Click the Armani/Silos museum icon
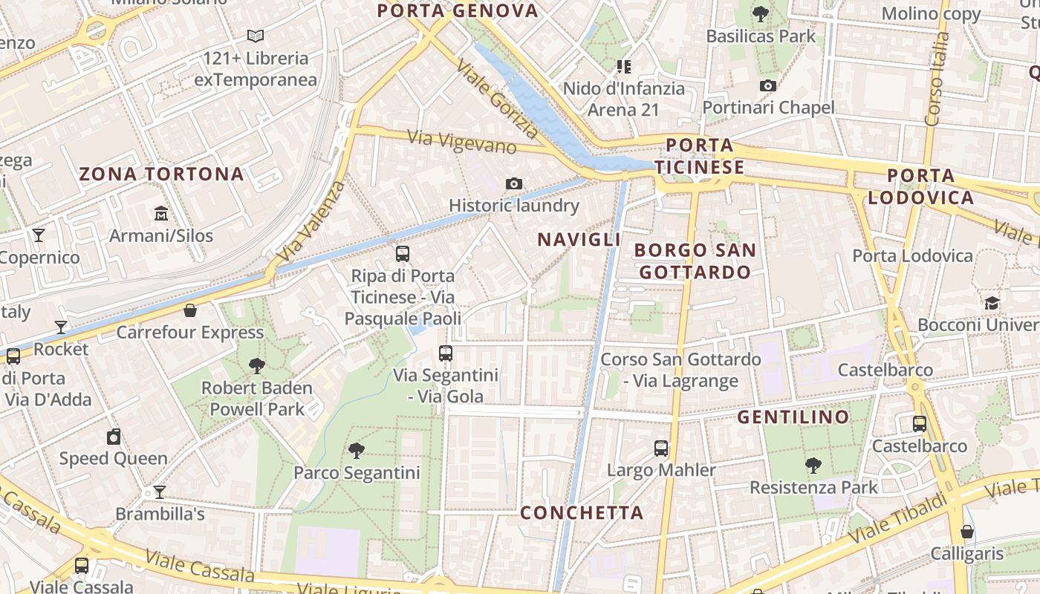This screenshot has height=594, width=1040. pyautogui.click(x=161, y=214)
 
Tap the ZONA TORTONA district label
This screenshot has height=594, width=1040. pyautogui.click(x=161, y=174)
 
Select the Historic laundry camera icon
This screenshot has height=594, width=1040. pyautogui.click(x=513, y=183)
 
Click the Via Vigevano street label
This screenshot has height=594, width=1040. pyautogui.click(x=462, y=141)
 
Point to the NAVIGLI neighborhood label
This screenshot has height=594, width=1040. pyautogui.click(x=579, y=240)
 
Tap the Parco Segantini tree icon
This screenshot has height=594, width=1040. pyautogui.click(x=357, y=450)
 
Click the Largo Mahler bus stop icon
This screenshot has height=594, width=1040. pyautogui.click(x=661, y=448)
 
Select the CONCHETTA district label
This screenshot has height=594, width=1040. pyautogui.click(x=582, y=513)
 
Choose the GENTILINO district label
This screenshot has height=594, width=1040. pyautogui.click(x=793, y=417)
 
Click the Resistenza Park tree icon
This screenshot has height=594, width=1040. pyautogui.click(x=813, y=466)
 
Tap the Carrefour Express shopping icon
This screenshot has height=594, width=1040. pyautogui.click(x=190, y=310)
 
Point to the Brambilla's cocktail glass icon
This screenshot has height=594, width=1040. pyautogui.click(x=159, y=492)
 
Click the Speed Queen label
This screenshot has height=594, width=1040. pyautogui.click(x=114, y=458)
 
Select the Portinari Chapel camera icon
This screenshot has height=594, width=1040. pyautogui.click(x=768, y=85)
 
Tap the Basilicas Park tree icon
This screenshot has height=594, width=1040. pyautogui.click(x=760, y=13)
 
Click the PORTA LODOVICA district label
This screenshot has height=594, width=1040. pyautogui.click(x=921, y=186)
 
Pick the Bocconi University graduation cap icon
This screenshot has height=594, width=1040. pyautogui.click(x=992, y=303)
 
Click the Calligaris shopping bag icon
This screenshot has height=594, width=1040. pyautogui.click(x=966, y=532)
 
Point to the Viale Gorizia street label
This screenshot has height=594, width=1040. pyautogui.click(x=497, y=99)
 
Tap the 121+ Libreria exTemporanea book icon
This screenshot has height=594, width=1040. pyautogui.click(x=256, y=36)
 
